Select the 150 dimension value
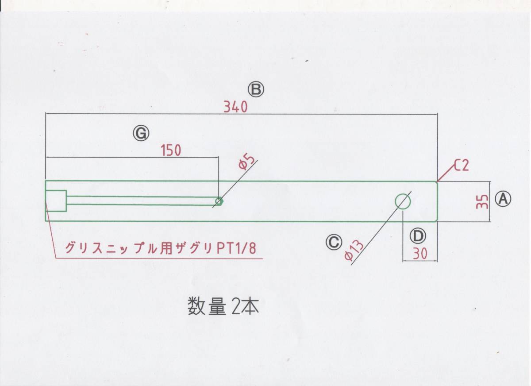(171, 151)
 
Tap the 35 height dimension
(484, 201)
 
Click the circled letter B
(256, 90)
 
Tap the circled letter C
(334, 241)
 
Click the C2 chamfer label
(461, 166)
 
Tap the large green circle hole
(403, 201)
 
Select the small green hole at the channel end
(219, 201)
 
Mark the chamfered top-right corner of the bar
(436, 182)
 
